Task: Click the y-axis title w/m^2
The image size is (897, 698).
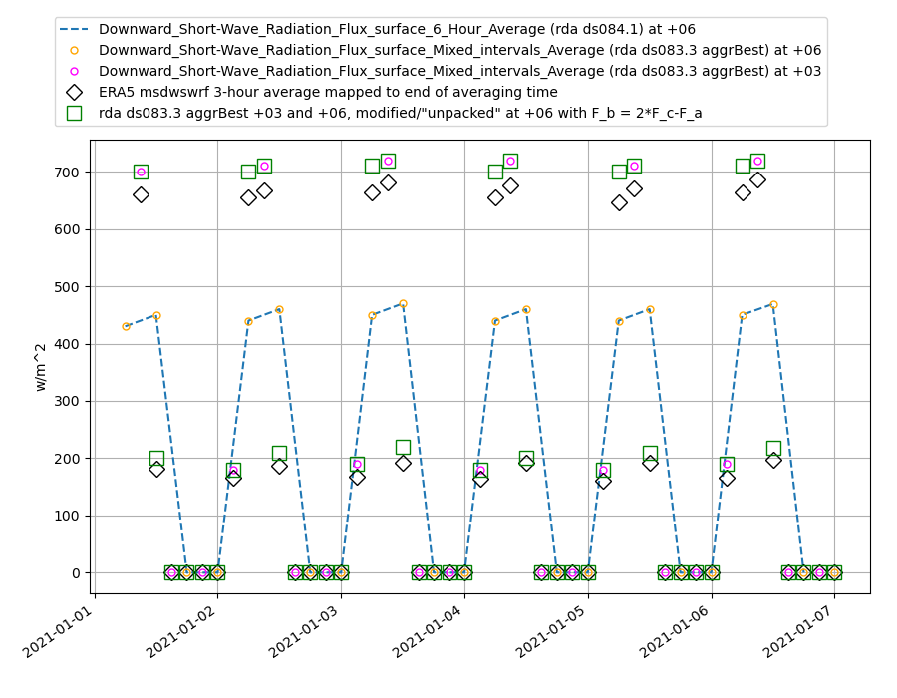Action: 41,366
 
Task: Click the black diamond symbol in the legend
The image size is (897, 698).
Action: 74,92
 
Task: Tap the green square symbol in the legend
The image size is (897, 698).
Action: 74,113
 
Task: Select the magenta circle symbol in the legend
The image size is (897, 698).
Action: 74,71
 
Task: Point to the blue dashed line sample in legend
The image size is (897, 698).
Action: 74,30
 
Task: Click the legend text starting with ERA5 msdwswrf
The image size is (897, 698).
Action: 328,92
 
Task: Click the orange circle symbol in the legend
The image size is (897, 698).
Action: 74,50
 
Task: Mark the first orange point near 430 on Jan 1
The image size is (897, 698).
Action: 126,326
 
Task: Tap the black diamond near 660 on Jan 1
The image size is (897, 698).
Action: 141,194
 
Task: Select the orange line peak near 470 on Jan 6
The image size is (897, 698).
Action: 773,304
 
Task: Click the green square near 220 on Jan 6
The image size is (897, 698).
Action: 773,448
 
